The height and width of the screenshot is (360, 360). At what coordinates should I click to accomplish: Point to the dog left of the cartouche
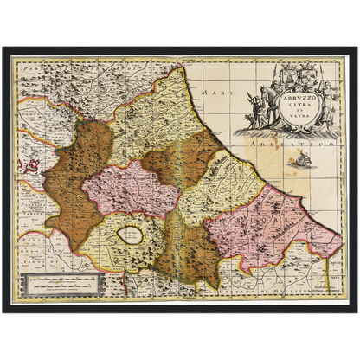click(251, 121)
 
